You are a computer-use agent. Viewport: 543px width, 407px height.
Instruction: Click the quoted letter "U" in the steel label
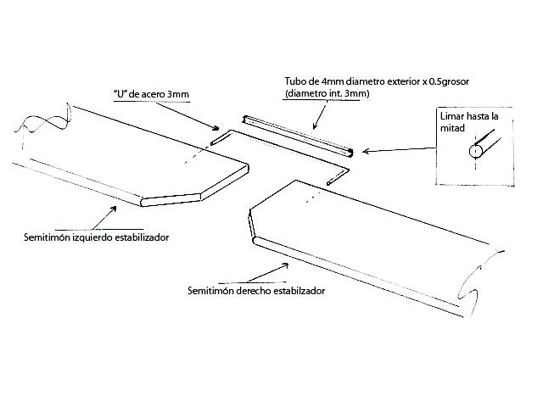coord(117,92)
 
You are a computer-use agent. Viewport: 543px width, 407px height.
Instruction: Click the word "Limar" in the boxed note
coord(451,114)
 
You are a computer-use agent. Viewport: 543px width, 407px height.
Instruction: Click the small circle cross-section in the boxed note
coord(475,152)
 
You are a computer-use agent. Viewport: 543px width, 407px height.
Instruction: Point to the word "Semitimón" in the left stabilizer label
coord(47,238)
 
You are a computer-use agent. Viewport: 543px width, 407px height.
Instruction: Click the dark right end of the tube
coord(349,152)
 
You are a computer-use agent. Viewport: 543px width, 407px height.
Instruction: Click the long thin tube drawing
coord(296,135)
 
